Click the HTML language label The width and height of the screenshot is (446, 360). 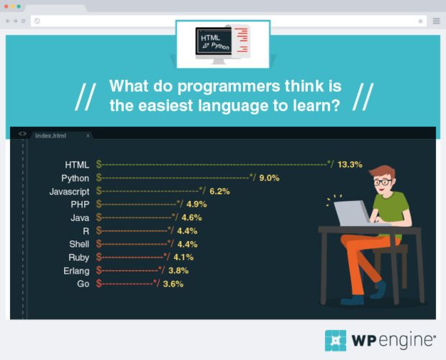(x=77, y=165)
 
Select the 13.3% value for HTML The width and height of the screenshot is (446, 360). (x=350, y=165)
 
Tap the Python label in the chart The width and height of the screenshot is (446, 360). (x=75, y=178)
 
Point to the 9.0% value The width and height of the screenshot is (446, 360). (x=269, y=178)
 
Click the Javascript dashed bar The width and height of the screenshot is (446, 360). (x=151, y=192)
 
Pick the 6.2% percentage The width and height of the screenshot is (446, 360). (x=219, y=192)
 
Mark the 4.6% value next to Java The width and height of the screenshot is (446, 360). (x=191, y=217)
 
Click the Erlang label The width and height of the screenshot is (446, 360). (x=76, y=271)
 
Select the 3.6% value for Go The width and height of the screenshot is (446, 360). (x=173, y=284)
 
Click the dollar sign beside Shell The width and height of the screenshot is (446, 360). (x=99, y=244)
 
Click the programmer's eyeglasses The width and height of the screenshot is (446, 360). (x=382, y=182)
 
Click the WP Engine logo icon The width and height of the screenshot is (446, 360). (x=335, y=340)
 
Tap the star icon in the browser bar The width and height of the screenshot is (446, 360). (x=421, y=21)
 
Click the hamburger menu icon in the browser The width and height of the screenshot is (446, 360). (x=436, y=21)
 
